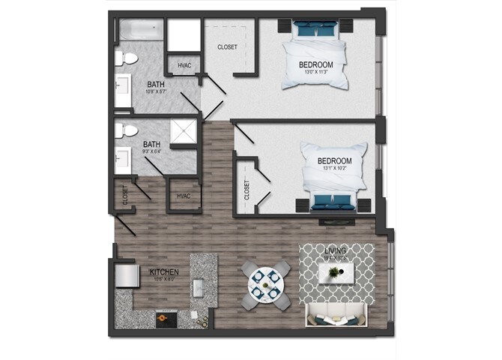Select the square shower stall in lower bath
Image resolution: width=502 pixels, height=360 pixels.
183,133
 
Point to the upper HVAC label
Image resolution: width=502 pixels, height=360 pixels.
184,66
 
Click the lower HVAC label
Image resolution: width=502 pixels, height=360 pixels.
184,196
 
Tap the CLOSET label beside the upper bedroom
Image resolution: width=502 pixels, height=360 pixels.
227,47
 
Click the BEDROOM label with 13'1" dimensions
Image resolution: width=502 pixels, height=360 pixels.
334,161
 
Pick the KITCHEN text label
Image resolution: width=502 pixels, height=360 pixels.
163,272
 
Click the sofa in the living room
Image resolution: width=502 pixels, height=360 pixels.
336,316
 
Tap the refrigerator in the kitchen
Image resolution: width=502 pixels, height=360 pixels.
126,275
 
